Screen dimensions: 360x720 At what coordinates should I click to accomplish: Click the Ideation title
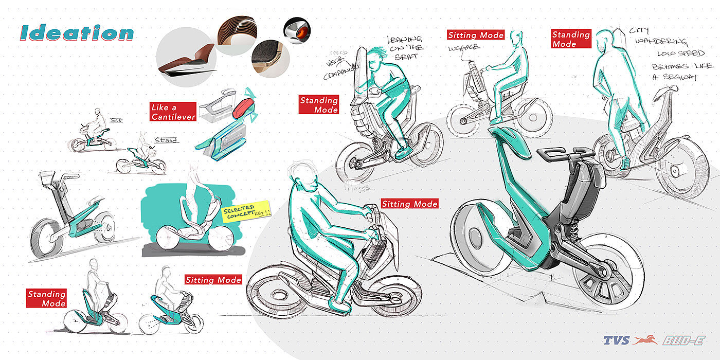[77, 33]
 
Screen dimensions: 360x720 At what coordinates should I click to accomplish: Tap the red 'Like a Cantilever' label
[173, 112]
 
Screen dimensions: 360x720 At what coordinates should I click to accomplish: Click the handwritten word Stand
[166, 140]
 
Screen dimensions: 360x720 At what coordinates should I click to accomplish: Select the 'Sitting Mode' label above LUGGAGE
[476, 35]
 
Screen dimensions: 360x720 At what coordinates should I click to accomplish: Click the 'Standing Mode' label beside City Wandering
[571, 39]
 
